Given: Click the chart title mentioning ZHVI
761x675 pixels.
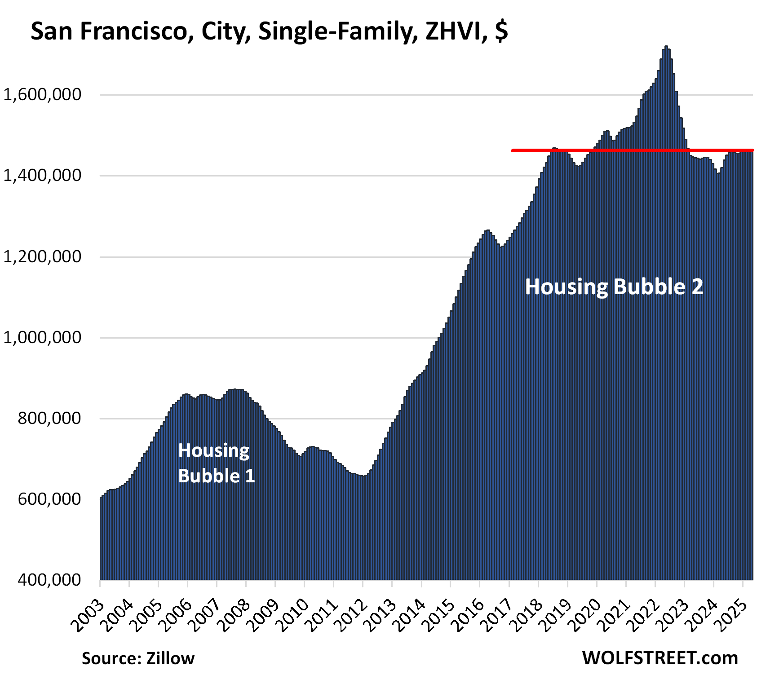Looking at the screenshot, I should [269, 31].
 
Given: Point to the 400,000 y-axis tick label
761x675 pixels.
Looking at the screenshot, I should [49, 580].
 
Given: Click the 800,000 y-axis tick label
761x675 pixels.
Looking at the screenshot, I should [49, 418].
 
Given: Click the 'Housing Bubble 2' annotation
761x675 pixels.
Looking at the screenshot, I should [614, 287].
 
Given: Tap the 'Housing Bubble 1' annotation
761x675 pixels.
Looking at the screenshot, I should [216, 463].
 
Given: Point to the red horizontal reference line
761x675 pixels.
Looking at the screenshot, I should [629, 150].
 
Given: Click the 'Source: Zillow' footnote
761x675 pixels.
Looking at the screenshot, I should [138, 658].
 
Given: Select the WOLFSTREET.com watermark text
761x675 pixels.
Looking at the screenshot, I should [660, 658].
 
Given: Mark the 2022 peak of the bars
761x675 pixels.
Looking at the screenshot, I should [666, 47].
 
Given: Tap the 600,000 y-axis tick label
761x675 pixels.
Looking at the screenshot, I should [49, 499].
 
